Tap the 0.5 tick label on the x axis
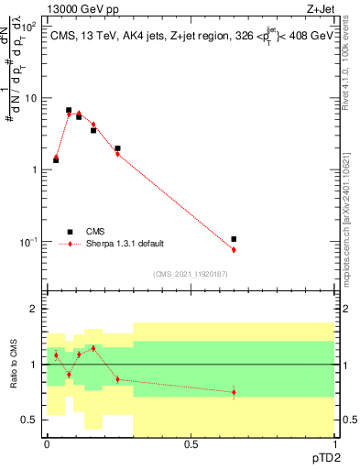coord(191,444)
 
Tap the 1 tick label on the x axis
coord(333,444)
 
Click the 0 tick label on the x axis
coord(47,444)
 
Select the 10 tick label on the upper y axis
coord(30,98)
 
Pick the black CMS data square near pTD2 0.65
coord(235,239)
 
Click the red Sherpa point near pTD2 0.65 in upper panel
coord(235,250)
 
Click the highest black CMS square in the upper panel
coord(69,110)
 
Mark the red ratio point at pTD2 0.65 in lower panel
coord(235,392)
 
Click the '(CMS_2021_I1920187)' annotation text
coord(191,274)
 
